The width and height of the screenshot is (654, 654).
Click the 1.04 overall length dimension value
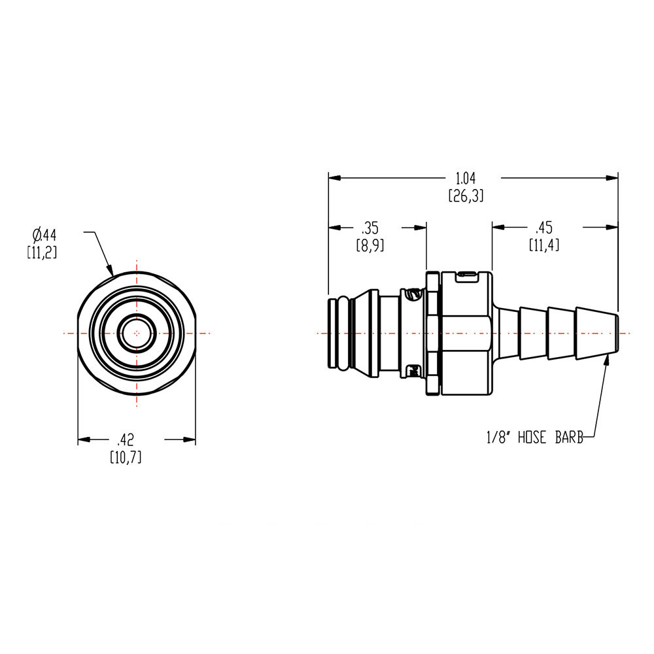[x=466, y=177]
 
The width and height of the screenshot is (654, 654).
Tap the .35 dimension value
[x=370, y=228]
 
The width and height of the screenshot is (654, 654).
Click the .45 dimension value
[x=543, y=228]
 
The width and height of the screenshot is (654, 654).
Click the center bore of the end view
[x=137, y=333]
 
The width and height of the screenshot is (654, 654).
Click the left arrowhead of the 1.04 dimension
[x=332, y=177]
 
